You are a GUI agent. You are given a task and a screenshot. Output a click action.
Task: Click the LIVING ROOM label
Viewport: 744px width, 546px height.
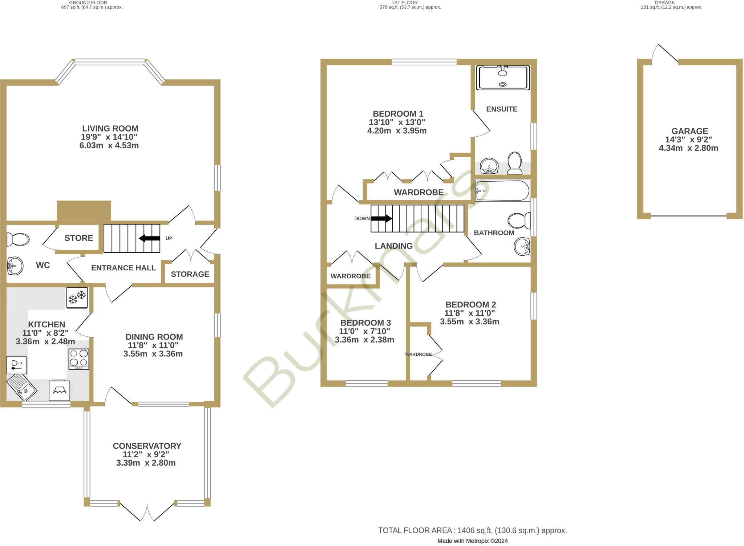click(x=110, y=129)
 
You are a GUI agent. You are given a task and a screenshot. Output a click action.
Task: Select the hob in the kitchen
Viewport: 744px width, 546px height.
click(x=79, y=359)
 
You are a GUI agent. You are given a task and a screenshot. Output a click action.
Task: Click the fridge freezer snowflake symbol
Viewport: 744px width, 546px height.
click(x=77, y=298)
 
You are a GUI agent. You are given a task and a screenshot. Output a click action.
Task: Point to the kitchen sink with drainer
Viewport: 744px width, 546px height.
click(x=22, y=388)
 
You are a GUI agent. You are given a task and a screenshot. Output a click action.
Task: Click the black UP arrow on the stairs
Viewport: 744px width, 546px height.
click(x=149, y=238)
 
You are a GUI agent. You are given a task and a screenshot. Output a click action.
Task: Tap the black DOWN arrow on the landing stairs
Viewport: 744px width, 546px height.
click(x=381, y=218)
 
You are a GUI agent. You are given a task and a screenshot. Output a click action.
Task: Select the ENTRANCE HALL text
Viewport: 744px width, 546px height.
click(x=123, y=268)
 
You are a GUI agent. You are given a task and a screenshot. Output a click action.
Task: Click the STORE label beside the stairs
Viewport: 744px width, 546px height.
click(x=78, y=238)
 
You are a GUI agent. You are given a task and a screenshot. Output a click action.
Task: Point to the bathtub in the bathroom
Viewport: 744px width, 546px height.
click(x=502, y=190)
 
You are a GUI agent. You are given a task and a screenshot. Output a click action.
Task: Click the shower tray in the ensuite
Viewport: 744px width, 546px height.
click(x=503, y=77)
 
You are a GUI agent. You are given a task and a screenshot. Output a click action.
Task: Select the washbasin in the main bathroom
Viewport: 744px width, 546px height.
click(x=522, y=247)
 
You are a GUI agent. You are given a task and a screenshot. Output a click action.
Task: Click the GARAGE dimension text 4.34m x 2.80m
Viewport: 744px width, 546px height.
click(x=688, y=148)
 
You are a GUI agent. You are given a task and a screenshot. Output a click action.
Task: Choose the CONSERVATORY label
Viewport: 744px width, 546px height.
click(x=147, y=446)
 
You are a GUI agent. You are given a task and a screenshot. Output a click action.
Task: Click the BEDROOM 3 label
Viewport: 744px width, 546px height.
click(x=365, y=323)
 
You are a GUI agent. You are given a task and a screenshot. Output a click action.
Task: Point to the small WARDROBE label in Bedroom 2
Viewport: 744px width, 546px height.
click(x=418, y=354)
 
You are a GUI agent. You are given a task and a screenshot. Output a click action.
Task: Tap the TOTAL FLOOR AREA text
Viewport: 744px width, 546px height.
click(x=472, y=530)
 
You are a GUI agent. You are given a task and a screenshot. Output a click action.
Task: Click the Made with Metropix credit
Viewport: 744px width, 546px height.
click(x=472, y=541)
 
